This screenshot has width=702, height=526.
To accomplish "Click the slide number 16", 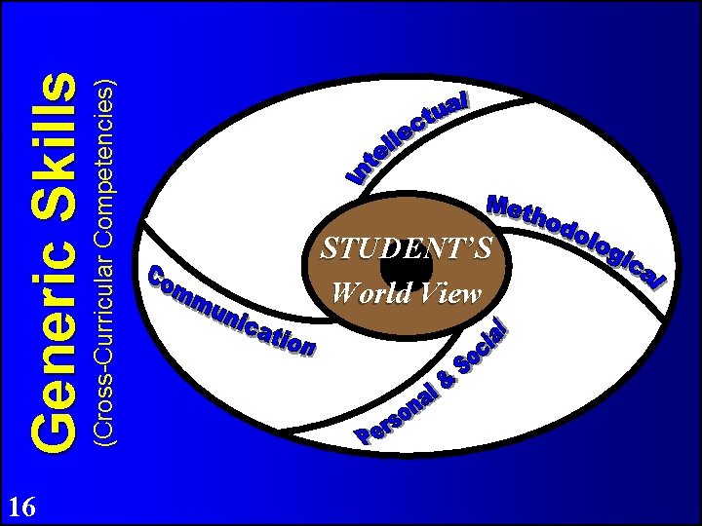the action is click(22, 507).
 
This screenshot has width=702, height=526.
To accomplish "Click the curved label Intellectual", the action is click(409, 137).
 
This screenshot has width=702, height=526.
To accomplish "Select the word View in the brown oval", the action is click(448, 293).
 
